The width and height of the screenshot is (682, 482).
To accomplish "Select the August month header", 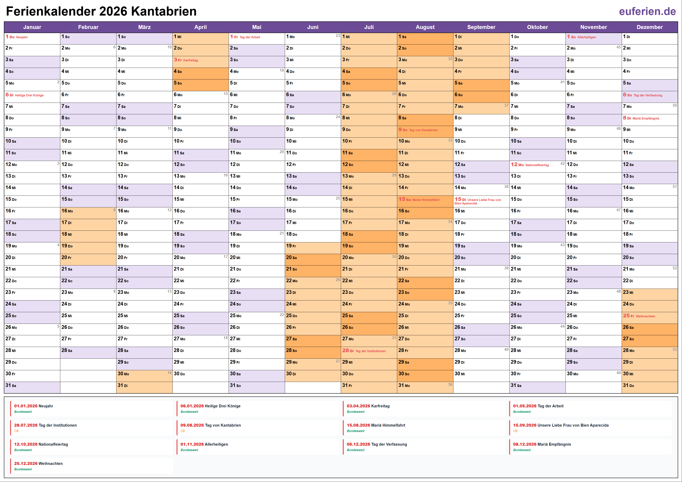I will click(x=425, y=27).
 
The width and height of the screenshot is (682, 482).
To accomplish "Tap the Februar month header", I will click(x=88, y=27).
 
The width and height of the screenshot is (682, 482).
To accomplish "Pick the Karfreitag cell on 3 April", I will click(x=200, y=60).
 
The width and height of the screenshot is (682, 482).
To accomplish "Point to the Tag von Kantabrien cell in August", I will click(x=425, y=130).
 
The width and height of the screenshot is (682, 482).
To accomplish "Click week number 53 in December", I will click(x=675, y=349).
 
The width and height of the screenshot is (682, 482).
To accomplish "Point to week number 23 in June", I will click(x=338, y=36).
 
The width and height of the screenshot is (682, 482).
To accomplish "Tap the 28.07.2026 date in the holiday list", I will click(x=25, y=425).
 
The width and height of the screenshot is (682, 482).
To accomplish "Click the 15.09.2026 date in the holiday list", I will click(x=525, y=425).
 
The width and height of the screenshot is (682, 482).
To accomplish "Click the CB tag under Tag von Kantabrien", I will click(x=183, y=431).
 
